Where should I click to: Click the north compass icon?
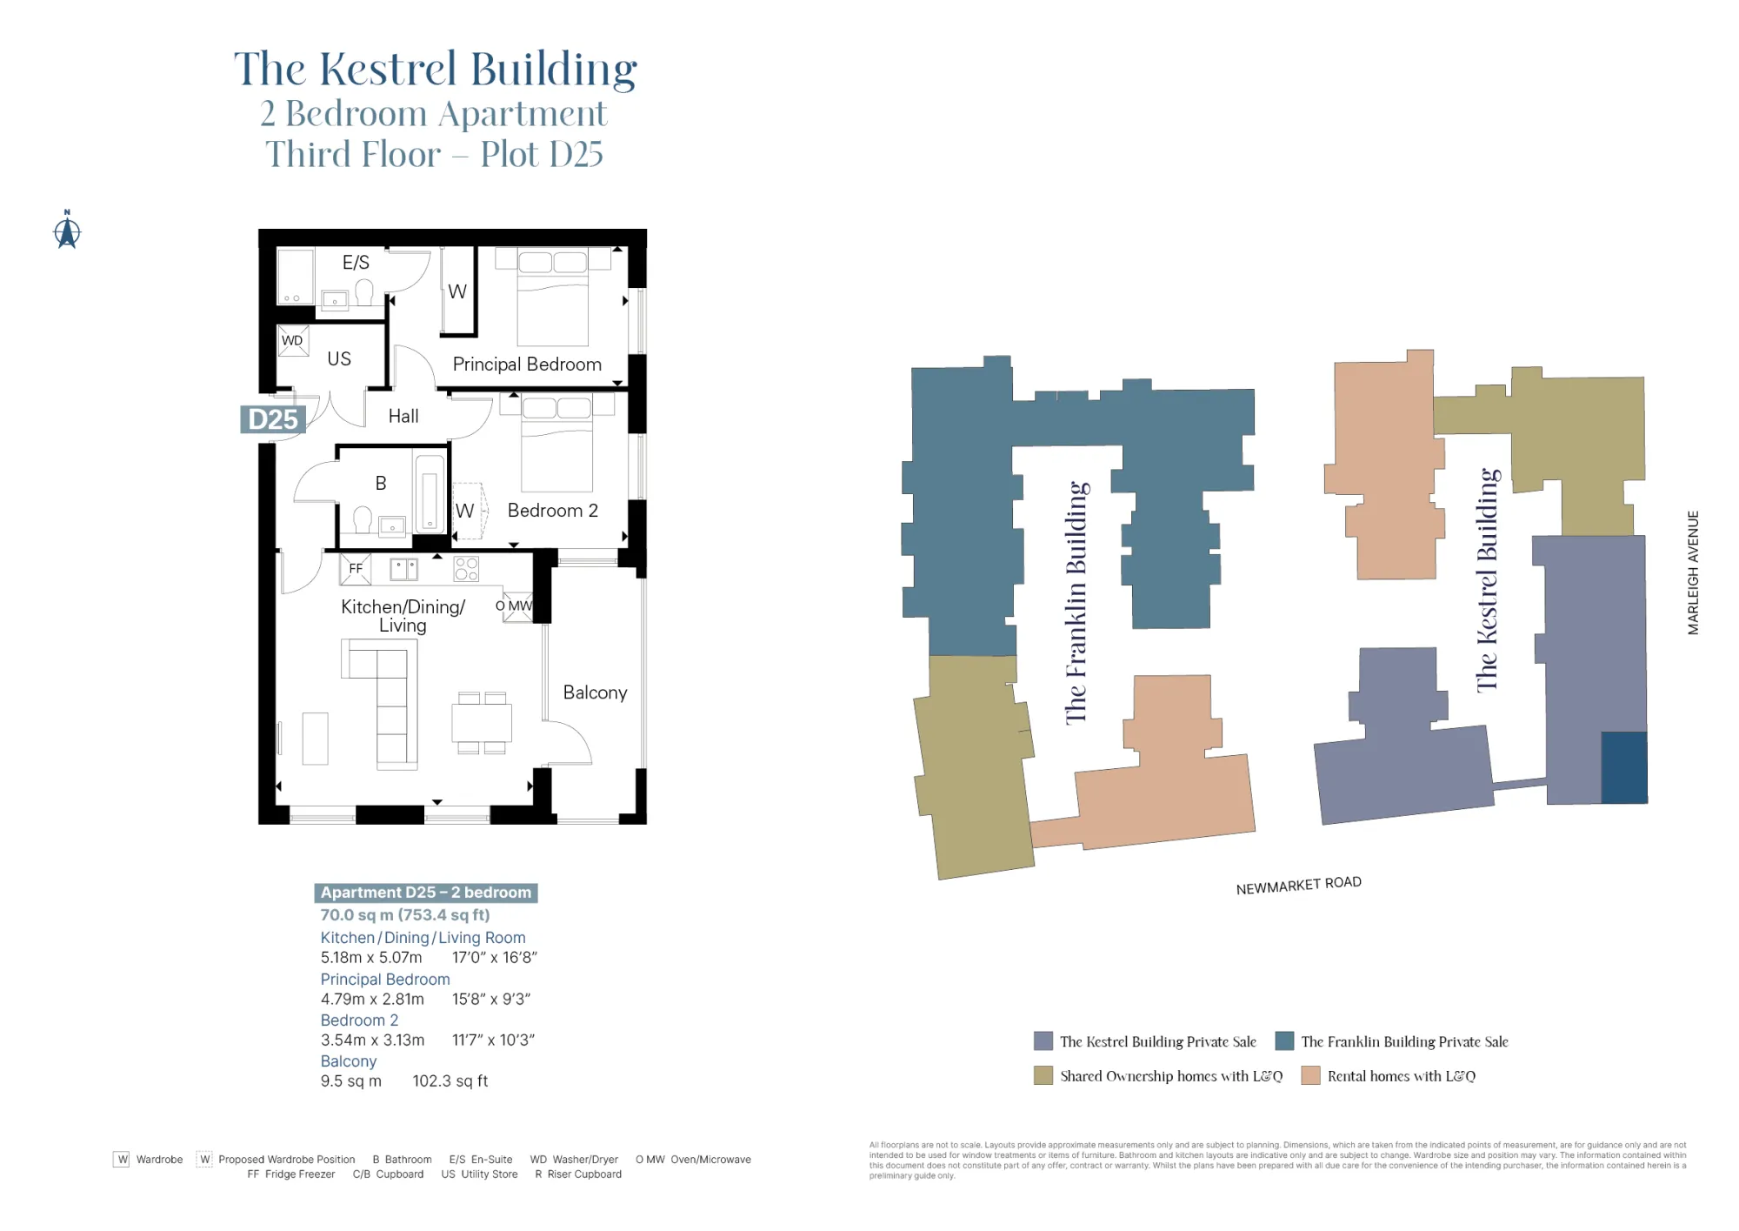tap(67, 231)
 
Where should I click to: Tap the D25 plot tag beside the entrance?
tap(272, 419)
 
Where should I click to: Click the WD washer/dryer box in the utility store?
tap(293, 340)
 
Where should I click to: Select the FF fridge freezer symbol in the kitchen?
tap(356, 569)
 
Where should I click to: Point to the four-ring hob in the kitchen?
tap(466, 569)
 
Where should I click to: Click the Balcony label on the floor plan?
tap(595, 692)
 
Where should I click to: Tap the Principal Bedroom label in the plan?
tap(527, 365)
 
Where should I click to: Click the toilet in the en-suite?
tap(364, 292)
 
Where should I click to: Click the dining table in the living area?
tap(482, 723)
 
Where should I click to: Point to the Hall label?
tap(403, 417)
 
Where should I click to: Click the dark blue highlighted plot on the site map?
tap(1623, 766)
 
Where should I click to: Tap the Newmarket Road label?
tap(1298, 885)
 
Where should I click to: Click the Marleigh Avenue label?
tap(1693, 572)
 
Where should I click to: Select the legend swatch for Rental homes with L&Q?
tap(1310, 1075)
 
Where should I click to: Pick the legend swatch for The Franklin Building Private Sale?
tap(1284, 1040)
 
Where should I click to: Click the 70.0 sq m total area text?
tap(405, 915)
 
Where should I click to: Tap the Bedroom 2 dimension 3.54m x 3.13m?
tap(372, 1040)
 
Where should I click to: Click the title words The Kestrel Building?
tap(436, 70)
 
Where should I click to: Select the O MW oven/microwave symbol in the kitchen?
tap(518, 606)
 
